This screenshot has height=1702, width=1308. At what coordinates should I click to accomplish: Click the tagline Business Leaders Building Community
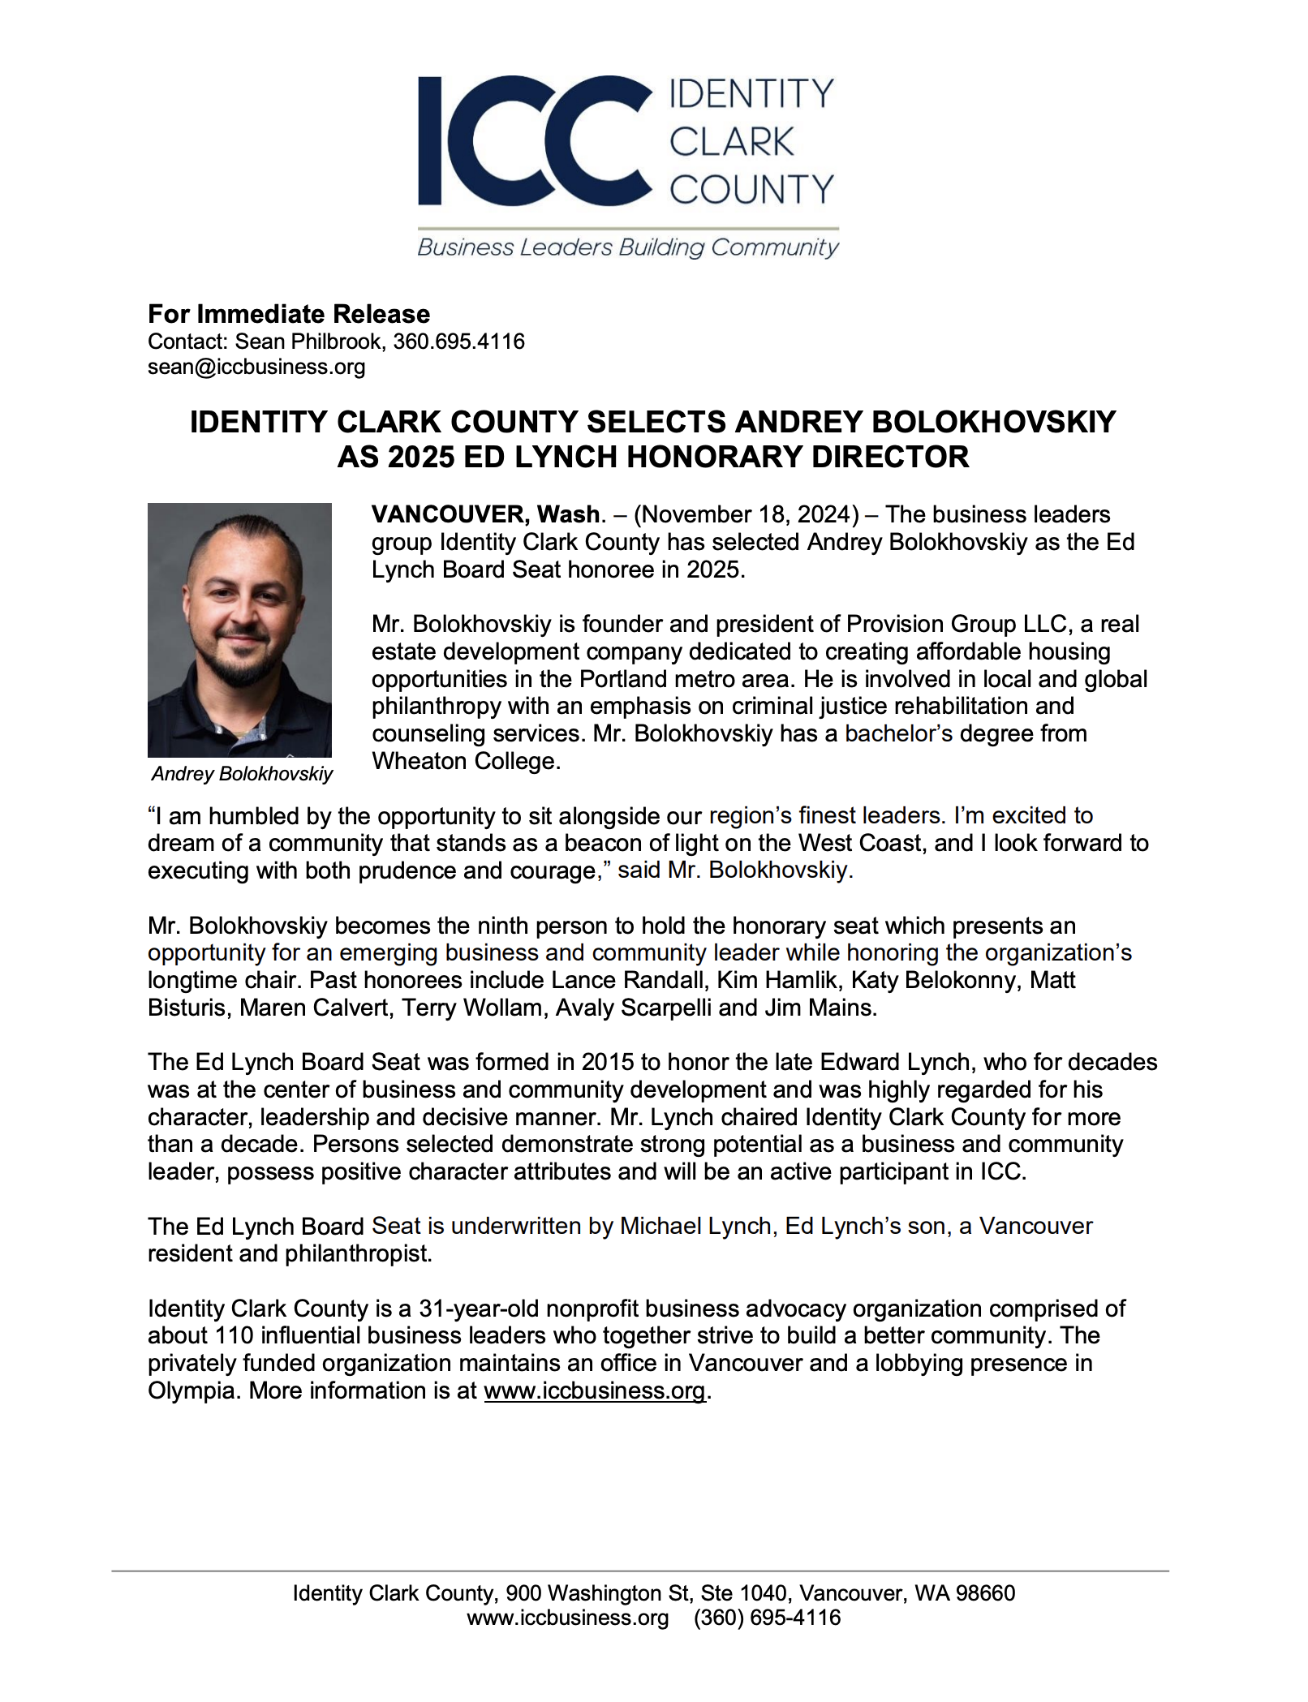[627, 247]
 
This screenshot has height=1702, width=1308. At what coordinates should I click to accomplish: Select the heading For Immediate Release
[289, 314]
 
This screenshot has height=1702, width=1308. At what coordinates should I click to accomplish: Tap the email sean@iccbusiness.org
[256, 367]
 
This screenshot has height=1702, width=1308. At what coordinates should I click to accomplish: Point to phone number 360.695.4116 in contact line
[458, 342]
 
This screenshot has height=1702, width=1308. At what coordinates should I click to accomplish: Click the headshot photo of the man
[239, 630]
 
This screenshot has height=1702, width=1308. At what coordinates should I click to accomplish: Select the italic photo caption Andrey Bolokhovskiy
[242, 774]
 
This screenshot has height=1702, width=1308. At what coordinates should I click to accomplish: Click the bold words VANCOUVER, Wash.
[485, 514]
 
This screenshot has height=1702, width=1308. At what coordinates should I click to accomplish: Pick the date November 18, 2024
[747, 514]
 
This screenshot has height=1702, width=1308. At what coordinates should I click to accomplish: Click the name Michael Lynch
[695, 1226]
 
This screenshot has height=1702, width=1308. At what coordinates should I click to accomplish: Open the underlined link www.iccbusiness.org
[594, 1390]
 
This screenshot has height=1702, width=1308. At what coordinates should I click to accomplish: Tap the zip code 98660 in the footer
[985, 1593]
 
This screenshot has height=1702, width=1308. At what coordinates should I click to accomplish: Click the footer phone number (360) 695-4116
[767, 1618]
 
